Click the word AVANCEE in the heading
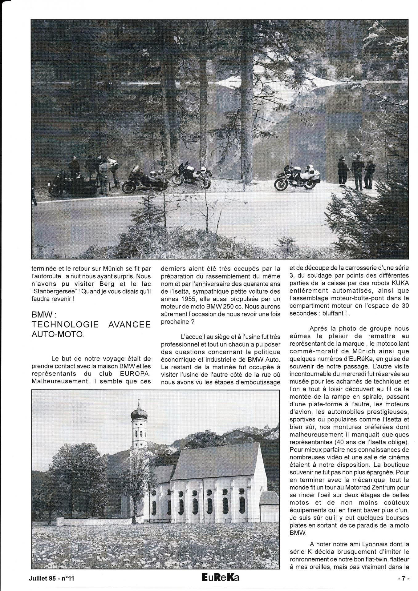(x=130, y=325)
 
